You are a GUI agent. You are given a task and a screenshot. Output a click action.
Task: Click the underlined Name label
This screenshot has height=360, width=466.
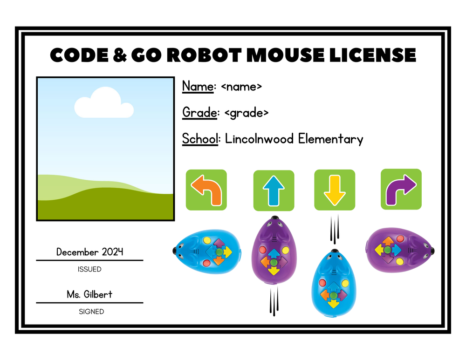198,87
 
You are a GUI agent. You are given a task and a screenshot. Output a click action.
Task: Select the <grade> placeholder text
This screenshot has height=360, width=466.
247,113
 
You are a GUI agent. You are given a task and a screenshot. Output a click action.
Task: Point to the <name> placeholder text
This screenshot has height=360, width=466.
241,87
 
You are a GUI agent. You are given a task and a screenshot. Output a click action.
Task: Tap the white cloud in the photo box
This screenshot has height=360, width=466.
103,104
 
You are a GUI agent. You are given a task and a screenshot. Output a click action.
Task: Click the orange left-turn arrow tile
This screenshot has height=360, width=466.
206,190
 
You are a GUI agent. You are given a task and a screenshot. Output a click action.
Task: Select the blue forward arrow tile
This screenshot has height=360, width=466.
274,190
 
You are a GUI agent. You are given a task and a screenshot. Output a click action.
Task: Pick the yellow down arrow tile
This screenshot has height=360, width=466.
334,190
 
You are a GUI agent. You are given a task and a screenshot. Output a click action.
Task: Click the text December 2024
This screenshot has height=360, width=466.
89,252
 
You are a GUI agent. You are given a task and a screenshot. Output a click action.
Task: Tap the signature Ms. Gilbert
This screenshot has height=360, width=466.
89,294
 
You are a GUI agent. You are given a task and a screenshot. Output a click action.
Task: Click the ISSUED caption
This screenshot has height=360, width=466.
89,269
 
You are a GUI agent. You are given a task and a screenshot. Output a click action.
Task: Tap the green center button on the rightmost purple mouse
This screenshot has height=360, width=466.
387,250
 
